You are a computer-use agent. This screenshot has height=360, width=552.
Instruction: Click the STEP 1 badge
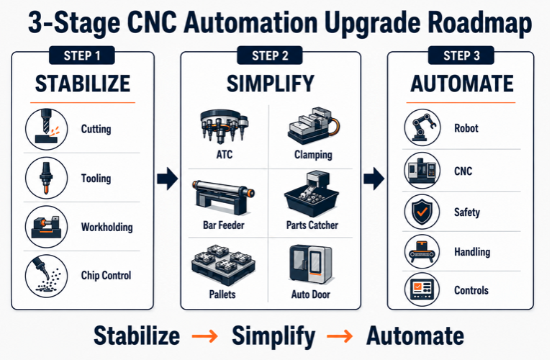(82, 55)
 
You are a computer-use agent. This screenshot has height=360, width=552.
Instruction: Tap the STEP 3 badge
(461, 55)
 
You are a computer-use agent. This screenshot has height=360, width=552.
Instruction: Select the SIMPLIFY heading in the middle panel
(271, 84)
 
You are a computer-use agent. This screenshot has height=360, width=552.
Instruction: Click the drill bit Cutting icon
(47, 130)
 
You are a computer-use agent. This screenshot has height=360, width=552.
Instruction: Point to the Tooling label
(96, 179)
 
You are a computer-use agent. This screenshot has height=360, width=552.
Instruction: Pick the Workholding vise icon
(47, 227)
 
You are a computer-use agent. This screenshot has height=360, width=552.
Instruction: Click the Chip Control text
(106, 275)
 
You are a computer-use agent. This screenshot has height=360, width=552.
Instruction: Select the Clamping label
(313, 155)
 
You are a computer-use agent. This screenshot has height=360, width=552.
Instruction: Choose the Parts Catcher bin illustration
(312, 194)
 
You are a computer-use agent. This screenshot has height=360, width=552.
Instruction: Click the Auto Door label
(311, 294)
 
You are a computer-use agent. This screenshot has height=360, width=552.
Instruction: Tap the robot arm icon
(422, 127)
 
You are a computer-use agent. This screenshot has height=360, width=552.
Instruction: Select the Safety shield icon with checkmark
(422, 212)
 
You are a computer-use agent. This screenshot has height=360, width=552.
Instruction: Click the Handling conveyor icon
(422, 252)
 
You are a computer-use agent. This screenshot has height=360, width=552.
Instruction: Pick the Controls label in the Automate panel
(471, 290)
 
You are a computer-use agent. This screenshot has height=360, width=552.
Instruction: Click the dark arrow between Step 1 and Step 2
(168, 179)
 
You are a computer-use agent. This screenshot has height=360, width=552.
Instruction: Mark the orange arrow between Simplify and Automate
(340, 336)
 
